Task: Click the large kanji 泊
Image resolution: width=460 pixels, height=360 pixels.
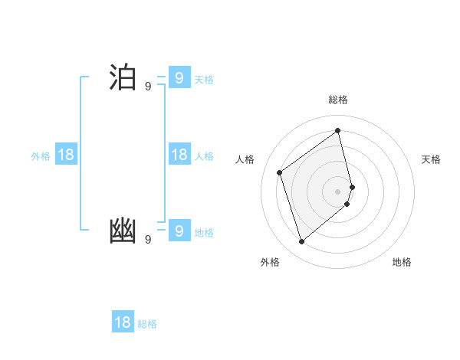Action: (x=123, y=78)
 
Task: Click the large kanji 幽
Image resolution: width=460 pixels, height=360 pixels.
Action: (x=123, y=231)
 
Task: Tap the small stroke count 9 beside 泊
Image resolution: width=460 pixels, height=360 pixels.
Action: (x=148, y=87)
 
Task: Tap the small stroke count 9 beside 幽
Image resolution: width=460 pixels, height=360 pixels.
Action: (x=148, y=240)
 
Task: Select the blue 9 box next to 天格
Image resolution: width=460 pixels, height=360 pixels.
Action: (x=179, y=77)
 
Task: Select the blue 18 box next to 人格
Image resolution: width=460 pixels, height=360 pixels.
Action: (x=179, y=155)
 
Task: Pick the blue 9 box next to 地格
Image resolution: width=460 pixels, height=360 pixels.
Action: (x=179, y=230)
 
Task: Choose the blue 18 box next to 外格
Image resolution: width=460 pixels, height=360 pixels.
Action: (x=66, y=155)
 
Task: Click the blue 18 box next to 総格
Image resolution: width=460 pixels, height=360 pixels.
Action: (x=123, y=322)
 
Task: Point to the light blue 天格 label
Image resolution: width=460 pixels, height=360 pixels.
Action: (x=204, y=80)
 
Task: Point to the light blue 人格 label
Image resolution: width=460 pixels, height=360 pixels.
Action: (x=204, y=156)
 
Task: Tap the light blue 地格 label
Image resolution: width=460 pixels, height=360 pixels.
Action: (x=204, y=233)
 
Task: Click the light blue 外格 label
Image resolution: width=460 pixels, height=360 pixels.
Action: (x=41, y=156)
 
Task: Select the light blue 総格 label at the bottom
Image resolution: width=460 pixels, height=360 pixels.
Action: (x=147, y=324)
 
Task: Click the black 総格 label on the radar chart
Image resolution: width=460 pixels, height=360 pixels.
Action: (x=338, y=100)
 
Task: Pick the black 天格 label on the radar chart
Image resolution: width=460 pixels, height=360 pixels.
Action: (x=431, y=159)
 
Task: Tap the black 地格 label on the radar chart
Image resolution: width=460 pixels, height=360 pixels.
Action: (x=402, y=262)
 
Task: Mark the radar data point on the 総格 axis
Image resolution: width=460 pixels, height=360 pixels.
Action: (x=338, y=130)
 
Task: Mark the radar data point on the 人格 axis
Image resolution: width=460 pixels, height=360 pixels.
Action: (x=280, y=172)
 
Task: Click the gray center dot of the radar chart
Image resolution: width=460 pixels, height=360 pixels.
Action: (x=338, y=191)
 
